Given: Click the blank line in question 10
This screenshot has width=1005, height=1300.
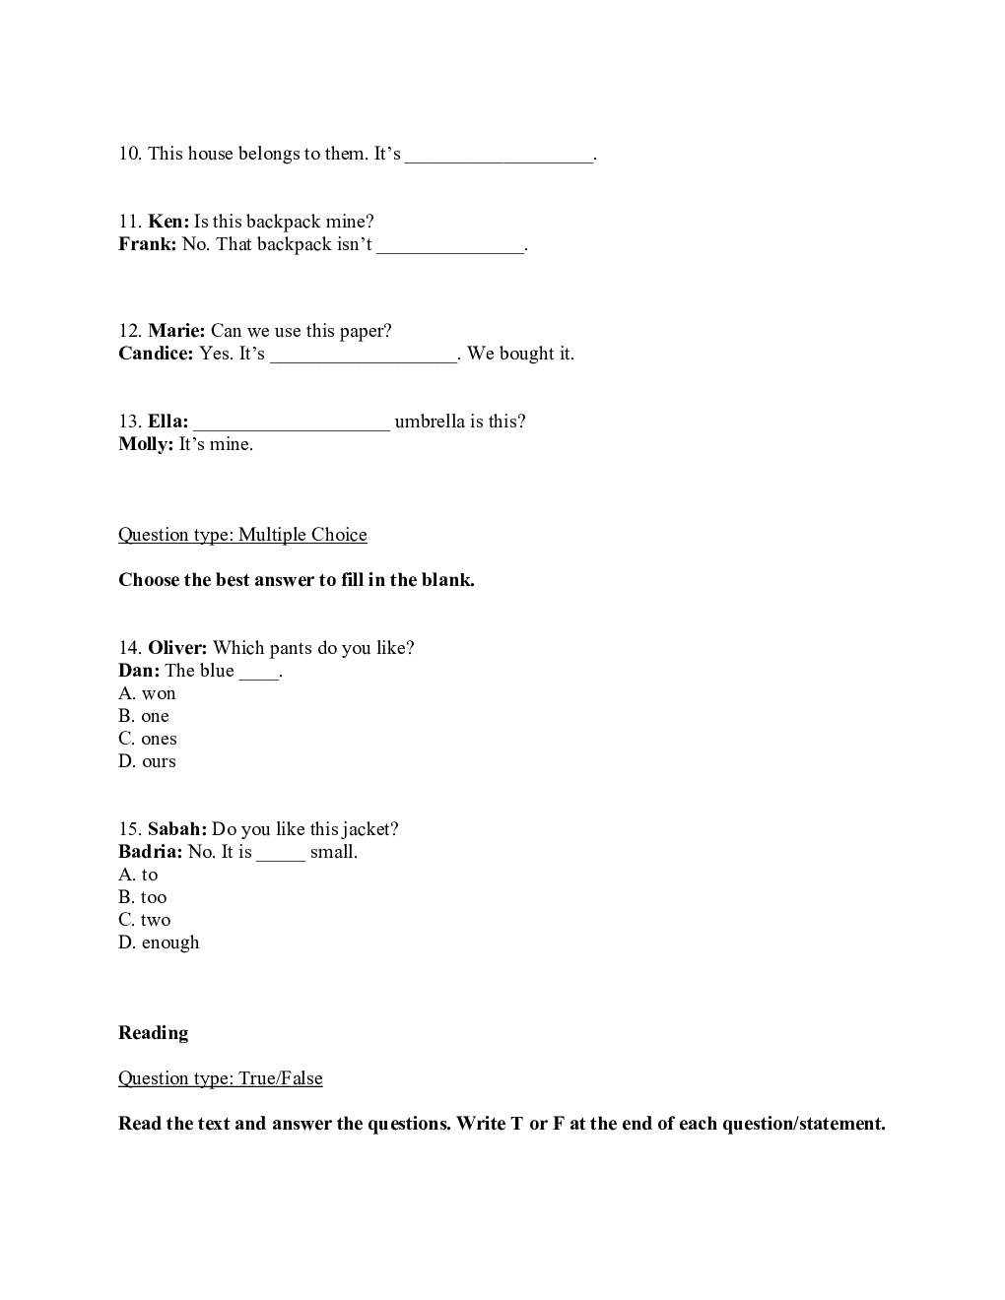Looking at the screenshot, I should (x=500, y=156).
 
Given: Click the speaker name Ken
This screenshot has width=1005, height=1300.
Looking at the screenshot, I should (x=167, y=222).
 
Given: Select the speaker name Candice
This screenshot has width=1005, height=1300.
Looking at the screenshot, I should (x=156, y=354).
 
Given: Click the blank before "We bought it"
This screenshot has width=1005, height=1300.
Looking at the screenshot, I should (x=364, y=356).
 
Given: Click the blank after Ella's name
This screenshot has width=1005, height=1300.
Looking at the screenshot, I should (x=292, y=423).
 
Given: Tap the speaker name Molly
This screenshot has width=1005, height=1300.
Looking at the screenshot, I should (x=145, y=444).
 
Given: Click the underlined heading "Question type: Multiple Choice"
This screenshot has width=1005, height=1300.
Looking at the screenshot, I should (x=242, y=535).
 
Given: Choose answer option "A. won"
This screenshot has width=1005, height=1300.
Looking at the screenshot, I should (x=147, y=693).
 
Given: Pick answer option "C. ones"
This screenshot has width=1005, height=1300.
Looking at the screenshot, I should (x=148, y=739).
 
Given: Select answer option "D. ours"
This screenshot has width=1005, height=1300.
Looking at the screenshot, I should (x=147, y=761).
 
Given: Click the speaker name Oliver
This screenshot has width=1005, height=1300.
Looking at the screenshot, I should (x=177, y=648).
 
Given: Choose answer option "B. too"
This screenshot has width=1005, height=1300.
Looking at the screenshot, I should (x=143, y=897).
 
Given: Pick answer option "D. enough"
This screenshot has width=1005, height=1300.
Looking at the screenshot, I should (x=159, y=942).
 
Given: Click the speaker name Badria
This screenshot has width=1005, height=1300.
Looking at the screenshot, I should (x=150, y=852).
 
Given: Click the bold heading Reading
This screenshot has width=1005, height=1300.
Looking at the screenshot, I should (x=153, y=1033).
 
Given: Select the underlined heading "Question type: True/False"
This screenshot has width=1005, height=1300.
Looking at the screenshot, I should (x=221, y=1078).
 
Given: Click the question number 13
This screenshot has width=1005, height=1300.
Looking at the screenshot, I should (x=129, y=422).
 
